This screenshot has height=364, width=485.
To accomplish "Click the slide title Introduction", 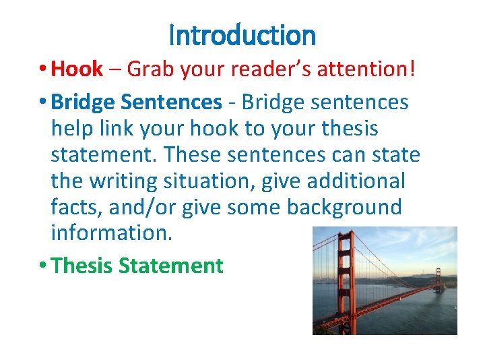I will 243,35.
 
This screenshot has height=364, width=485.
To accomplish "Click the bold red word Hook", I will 77,69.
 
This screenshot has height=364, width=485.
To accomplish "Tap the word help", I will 71,128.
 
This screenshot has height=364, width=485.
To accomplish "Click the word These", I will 192,154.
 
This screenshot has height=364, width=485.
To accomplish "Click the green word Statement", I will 170,266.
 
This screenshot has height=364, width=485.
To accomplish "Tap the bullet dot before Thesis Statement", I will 42,266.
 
